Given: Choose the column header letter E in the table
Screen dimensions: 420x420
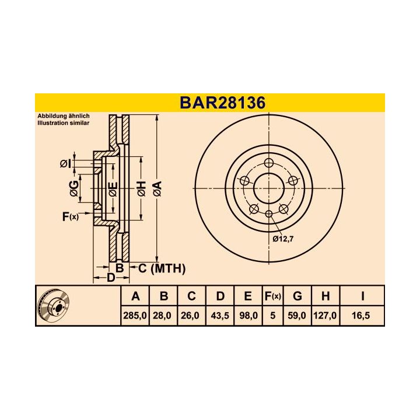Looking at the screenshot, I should tap(248, 296).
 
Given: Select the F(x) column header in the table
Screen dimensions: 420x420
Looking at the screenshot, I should tap(272, 296).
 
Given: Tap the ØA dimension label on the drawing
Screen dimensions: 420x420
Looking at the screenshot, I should tap(156, 188).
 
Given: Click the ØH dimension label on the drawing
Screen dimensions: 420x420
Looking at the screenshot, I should tap(141, 188).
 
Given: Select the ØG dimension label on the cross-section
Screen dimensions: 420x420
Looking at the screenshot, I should tap(73, 188).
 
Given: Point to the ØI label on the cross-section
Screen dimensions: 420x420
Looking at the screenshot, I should tap(65, 164).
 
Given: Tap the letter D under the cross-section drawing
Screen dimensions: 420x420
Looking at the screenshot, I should tap(110, 278).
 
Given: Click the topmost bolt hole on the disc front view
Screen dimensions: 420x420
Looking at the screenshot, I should tap(268, 163).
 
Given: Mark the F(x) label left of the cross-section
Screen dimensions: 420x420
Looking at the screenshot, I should tap(69, 217).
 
